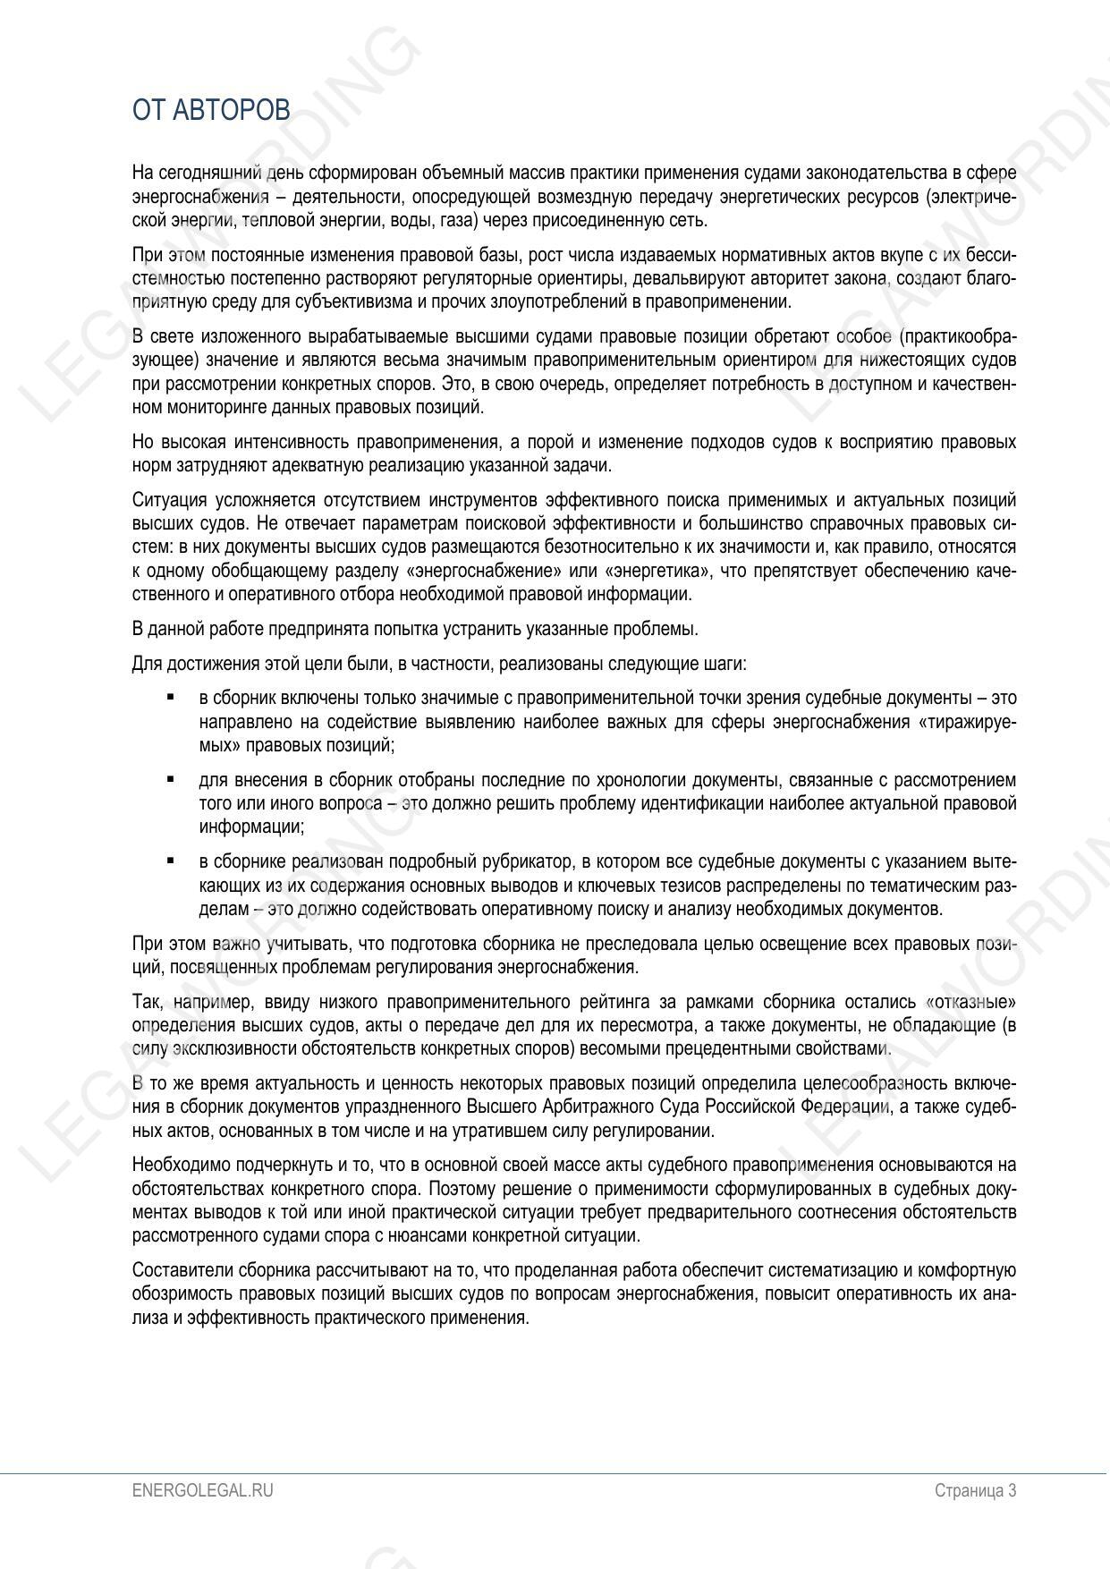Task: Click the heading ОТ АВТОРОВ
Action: pos(211,110)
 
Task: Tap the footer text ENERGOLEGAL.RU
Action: pos(202,1490)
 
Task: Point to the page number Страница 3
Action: pos(975,1490)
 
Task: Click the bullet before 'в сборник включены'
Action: pos(170,697)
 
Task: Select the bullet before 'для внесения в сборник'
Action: pos(170,779)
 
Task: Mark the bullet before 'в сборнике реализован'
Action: pos(170,861)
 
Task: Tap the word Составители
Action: pos(174,1271)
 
